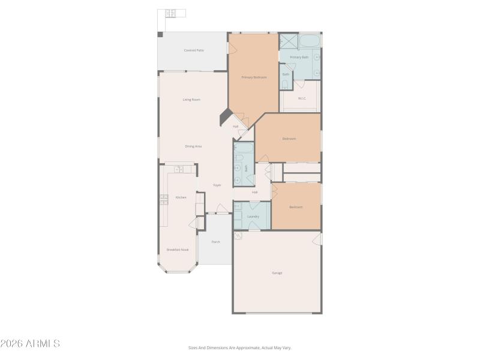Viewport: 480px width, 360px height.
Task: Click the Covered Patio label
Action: pyautogui.click(x=193, y=50)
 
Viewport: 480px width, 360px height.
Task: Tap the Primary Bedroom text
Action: pyautogui.click(x=254, y=77)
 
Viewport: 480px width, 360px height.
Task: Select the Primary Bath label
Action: pyautogui.click(x=299, y=57)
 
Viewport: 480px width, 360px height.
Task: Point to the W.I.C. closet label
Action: pyautogui.click(x=302, y=98)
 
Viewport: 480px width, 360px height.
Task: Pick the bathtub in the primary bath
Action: pyautogui.click(x=310, y=41)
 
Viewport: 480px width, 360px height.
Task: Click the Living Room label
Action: pyautogui.click(x=191, y=100)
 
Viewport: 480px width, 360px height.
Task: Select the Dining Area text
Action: pyautogui.click(x=193, y=146)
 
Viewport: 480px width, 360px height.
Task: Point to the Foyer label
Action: pyautogui.click(x=217, y=185)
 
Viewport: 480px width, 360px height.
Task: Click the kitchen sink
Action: pyautogui.click(x=178, y=170)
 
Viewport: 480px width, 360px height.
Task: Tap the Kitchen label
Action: pyautogui.click(x=181, y=197)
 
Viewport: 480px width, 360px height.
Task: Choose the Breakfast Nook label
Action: pyautogui.click(x=178, y=250)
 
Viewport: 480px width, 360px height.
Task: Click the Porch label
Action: pyautogui.click(x=215, y=242)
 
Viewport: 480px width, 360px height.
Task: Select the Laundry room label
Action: pyautogui.click(x=253, y=216)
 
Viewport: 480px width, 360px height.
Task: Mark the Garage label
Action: pyautogui.click(x=277, y=273)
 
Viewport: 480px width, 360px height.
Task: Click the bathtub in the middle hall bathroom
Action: pyautogui.click(x=244, y=149)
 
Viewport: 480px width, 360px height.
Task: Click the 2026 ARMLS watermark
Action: pyautogui.click(x=30, y=344)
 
